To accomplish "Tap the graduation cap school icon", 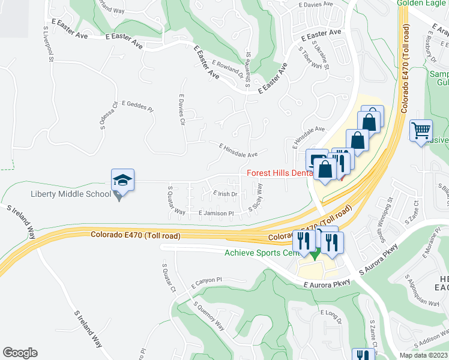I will tap(122, 179).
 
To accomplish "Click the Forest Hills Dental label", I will tap(280, 173).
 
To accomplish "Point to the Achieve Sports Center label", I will tap(261, 253).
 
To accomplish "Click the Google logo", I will tap(20, 353).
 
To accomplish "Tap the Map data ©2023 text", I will tap(423, 355).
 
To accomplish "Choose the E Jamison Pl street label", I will tap(215, 213).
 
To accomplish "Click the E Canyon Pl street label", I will tap(206, 281).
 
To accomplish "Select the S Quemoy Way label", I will tap(209, 316).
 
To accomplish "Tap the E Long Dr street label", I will tap(331, 317).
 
